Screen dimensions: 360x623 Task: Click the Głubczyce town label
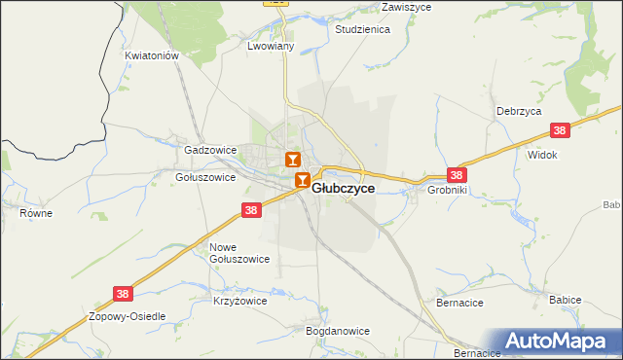point(343,189)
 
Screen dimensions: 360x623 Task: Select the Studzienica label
point(362,30)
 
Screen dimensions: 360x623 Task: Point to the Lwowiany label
point(272,46)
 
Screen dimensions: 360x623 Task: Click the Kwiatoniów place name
point(153,56)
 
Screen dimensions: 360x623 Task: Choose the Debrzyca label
point(518,111)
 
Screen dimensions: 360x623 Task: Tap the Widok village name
point(541,155)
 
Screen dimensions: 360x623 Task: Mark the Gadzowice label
point(211,151)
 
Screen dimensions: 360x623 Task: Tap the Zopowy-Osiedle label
point(128,317)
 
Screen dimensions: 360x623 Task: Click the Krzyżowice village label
point(239,302)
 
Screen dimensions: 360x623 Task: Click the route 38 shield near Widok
point(559,130)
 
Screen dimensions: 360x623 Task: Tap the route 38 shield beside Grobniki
point(457,175)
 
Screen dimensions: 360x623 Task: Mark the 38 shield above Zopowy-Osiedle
point(123,292)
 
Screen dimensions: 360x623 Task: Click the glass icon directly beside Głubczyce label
point(303,181)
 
